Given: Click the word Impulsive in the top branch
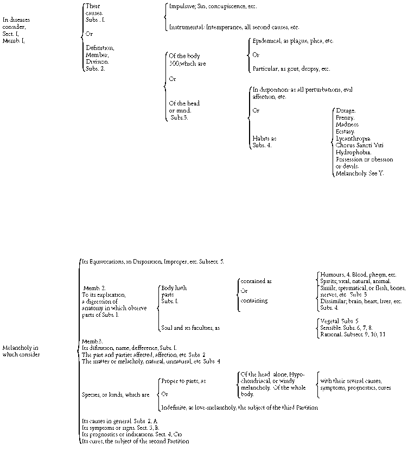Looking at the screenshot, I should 182,7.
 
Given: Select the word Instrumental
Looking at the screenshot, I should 186,27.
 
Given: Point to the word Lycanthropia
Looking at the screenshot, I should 354,139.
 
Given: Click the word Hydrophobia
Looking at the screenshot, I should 353,152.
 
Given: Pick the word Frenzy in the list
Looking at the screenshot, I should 346,117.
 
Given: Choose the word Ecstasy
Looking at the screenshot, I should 346,131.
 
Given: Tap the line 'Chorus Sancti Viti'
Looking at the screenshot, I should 360,145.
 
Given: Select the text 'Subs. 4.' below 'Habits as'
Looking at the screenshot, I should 262,145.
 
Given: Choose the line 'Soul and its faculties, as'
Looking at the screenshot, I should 190,328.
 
